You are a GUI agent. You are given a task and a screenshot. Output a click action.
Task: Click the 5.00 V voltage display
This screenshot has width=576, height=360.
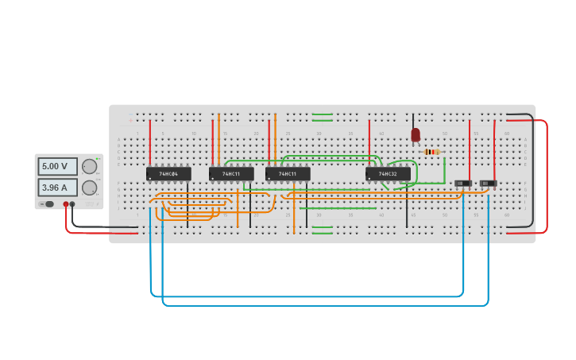pos(57,166)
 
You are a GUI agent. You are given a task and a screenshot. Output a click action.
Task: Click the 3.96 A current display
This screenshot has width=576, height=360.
pos(57,188)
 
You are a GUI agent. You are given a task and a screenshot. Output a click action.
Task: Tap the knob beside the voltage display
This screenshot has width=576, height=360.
pos(89,166)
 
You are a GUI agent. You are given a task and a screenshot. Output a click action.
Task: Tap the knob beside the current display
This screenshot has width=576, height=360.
pos(89,188)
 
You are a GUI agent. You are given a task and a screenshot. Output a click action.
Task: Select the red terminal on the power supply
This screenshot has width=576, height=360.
pos(66,204)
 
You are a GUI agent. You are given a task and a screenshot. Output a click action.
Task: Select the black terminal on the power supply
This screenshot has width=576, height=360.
pos(72,204)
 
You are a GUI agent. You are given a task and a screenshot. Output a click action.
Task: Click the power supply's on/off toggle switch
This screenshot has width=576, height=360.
pos(48,204)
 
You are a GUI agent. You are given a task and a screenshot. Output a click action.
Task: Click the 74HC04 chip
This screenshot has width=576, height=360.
pos(168,173)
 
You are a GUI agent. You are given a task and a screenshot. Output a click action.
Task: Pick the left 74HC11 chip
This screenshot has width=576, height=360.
pos(231,173)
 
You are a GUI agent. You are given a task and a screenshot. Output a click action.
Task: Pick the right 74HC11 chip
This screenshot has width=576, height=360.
pos(288,173)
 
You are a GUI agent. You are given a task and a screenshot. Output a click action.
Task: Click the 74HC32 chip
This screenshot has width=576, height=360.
pos(388,173)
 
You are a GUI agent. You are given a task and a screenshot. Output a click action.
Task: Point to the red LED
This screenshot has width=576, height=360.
pos(416,135)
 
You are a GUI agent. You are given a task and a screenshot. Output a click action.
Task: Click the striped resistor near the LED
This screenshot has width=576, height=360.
pos(431,152)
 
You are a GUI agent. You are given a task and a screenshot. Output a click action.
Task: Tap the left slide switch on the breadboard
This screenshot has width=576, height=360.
pos(463,184)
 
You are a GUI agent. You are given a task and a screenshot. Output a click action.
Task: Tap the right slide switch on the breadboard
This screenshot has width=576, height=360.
pos(488,184)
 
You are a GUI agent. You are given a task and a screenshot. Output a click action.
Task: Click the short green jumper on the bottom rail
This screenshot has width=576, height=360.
pos(323,230)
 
